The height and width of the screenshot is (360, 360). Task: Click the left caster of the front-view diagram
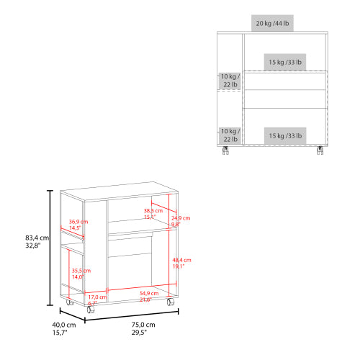(x=226, y=150)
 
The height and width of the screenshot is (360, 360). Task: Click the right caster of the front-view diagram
(x=320, y=150)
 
